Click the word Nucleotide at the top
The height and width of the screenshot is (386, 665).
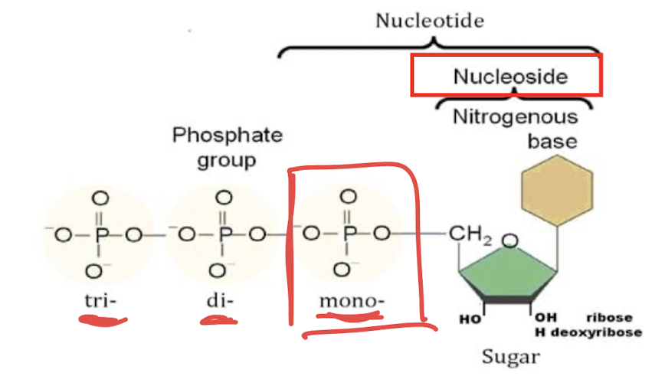pos(429,21)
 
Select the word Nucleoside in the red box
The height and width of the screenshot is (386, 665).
pos(509,77)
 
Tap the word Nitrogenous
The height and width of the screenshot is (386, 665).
pos(515,117)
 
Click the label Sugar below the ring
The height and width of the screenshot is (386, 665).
pos(511,357)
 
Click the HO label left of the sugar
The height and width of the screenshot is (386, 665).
pos(467,319)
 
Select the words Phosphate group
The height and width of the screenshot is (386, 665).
pos(227,149)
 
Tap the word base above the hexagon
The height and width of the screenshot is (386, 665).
pos(552,142)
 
